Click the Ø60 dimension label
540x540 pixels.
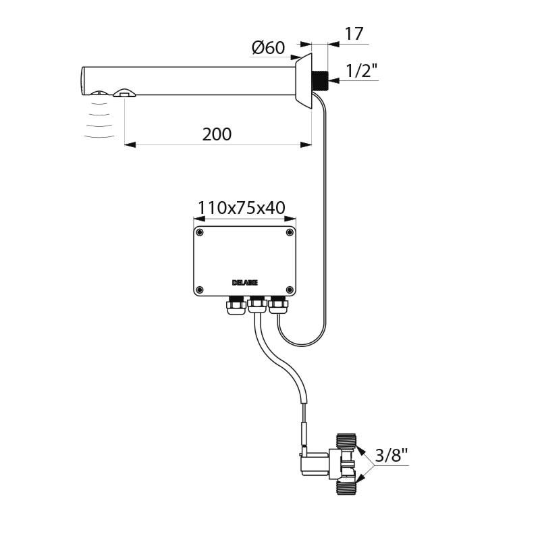pos(268,48)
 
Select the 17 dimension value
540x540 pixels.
pos(354,34)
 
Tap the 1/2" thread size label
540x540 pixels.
pos(361,70)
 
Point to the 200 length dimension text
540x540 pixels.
pos(217,134)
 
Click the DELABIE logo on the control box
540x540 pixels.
pos(244,281)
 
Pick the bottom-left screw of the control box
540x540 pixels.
pos(200,290)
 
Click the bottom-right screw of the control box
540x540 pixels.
pos(290,290)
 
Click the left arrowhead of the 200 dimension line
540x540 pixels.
pos(128,144)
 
